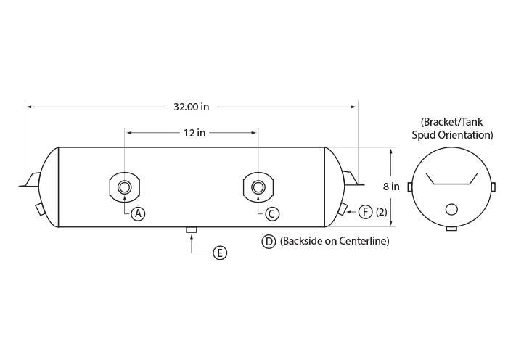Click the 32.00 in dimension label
[191, 107]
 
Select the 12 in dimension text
[194, 133]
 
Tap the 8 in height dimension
[391, 187]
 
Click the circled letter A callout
[139, 214]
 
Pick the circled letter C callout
[272, 214]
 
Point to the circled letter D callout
[269, 242]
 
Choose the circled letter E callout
[220, 253]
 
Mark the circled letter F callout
[366, 212]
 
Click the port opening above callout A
[124, 187]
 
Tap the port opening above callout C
[258, 187]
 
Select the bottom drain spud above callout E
[192, 230]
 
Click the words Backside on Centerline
[335, 241]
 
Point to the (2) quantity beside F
[382, 212]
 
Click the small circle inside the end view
[451, 209]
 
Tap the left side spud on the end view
[410, 187]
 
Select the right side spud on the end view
[493, 187]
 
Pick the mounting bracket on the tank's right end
[353, 179]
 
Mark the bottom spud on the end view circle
[451, 229]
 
